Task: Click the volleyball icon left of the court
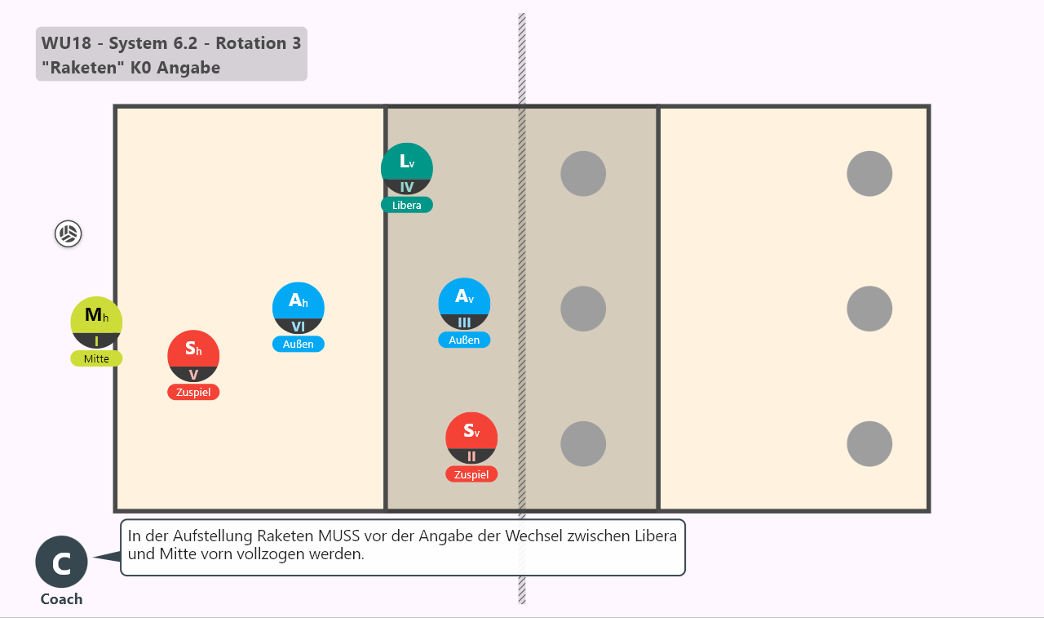click(x=68, y=233)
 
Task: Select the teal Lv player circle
click(x=407, y=169)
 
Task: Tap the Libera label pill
click(x=407, y=205)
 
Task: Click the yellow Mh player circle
click(x=96, y=322)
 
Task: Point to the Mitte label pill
click(x=96, y=358)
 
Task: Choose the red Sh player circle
click(x=193, y=356)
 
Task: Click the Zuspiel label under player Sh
click(x=193, y=392)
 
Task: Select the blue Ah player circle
click(x=299, y=308)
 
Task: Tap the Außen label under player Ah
click(x=299, y=345)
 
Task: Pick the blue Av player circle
click(x=464, y=304)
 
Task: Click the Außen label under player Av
click(x=464, y=340)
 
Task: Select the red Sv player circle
click(x=471, y=438)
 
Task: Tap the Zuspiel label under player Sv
click(x=471, y=474)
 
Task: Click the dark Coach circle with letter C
click(x=61, y=562)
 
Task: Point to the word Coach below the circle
click(x=61, y=599)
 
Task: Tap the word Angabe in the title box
click(x=188, y=68)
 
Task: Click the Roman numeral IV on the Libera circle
click(x=407, y=187)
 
